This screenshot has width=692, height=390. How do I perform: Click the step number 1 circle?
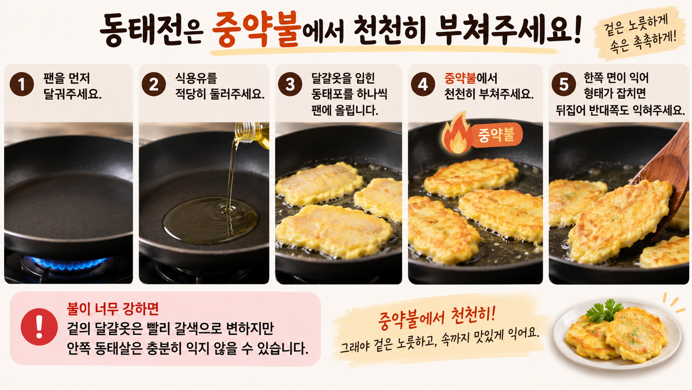(22, 84)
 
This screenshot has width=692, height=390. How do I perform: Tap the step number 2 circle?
(154, 84)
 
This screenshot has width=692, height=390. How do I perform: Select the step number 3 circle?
(290, 84)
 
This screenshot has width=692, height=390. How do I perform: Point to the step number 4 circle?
(423, 84)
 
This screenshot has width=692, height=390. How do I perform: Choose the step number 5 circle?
(563, 84)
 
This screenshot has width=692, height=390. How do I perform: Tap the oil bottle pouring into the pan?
(252, 135)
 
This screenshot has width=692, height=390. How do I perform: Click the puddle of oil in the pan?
(211, 220)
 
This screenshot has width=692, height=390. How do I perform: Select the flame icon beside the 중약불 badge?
(457, 133)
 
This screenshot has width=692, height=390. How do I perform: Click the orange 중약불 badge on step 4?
(496, 135)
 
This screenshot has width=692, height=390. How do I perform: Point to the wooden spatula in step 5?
(667, 173)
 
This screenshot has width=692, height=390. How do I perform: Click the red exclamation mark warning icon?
(39, 327)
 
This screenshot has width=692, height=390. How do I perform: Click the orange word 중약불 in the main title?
(257, 29)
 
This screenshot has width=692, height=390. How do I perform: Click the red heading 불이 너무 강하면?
(113, 308)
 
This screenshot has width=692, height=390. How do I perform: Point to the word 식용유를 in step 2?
(196, 78)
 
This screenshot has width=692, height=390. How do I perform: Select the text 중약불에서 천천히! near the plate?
(437, 317)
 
